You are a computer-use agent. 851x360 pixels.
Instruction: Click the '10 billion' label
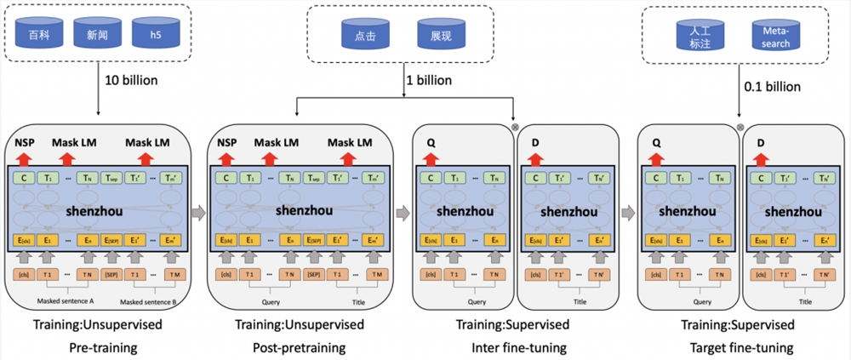[131, 81]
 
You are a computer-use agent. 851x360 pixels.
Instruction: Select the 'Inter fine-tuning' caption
[518, 347]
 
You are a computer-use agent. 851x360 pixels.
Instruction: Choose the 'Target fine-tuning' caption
[739, 347]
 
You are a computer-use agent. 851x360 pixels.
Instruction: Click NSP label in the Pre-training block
[25, 142]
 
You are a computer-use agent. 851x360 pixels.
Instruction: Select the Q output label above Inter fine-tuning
[431, 142]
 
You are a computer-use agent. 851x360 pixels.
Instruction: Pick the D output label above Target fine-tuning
[760, 142]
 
